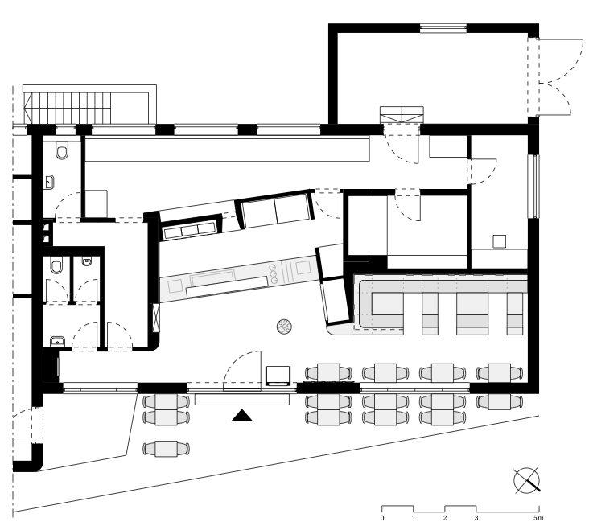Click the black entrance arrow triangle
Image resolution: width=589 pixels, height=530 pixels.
tap(241, 416)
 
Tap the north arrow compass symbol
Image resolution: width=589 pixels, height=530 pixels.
tap(527, 480)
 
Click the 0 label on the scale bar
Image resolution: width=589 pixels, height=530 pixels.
tap(382, 518)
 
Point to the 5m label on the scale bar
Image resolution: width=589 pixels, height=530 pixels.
tap(538, 518)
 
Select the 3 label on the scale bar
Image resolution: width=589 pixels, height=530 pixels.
tap(476, 518)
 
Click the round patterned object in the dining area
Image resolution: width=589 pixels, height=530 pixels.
tap(284, 327)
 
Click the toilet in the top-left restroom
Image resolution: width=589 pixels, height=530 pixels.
tap(62, 150)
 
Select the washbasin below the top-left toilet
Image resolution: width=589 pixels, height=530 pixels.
tap(49, 183)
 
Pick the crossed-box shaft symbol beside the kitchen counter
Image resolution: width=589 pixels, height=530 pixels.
tap(156, 317)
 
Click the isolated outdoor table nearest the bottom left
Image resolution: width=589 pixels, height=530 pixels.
tap(166, 449)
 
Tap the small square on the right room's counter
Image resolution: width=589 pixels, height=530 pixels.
tap(499, 241)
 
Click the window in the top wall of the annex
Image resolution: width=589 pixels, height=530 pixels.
tap(443, 28)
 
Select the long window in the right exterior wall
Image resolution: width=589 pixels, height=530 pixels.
tap(533, 186)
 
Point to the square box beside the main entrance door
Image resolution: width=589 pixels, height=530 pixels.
tap(278, 376)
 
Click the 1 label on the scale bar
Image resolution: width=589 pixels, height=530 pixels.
tap(414, 518)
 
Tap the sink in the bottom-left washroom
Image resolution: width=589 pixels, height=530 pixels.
tap(57, 342)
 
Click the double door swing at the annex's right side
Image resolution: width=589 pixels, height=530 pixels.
tap(556, 77)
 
